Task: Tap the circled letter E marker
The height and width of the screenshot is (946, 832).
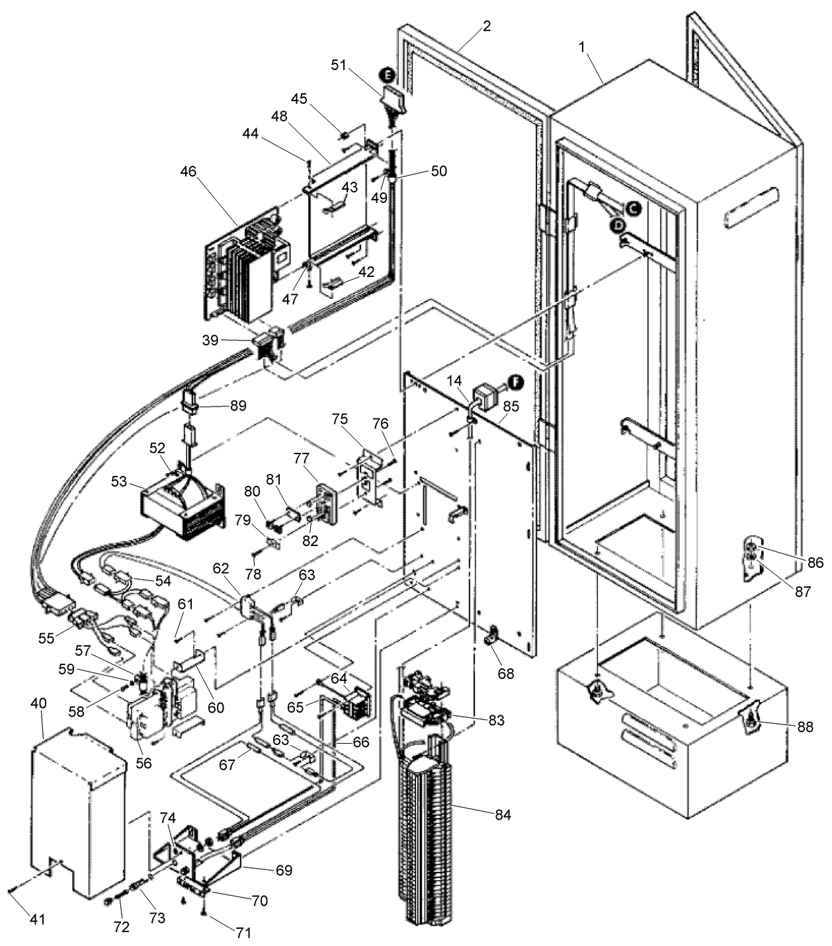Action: pos(388,75)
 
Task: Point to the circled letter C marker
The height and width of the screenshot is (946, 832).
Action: pos(632,208)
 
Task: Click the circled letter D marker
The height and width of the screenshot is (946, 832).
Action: pos(618,225)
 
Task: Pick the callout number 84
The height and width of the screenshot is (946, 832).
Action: pos(503,814)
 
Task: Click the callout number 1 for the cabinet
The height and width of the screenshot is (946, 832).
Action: pos(582,47)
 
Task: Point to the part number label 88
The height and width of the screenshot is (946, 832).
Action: pos(804,727)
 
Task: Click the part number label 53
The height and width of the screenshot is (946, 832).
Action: pos(119,481)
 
